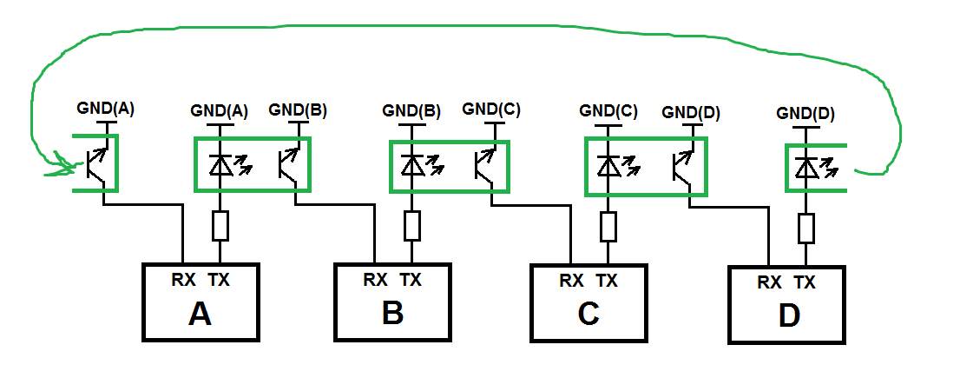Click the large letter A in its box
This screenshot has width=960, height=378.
click(x=200, y=314)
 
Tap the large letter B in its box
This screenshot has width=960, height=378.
click(x=392, y=313)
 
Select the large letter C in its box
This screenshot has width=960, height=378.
click(x=588, y=315)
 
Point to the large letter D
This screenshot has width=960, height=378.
click(x=788, y=317)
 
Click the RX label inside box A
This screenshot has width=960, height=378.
click(x=184, y=279)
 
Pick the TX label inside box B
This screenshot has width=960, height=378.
click(x=411, y=280)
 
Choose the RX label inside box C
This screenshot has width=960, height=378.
click(x=571, y=281)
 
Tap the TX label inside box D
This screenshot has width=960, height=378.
click(x=805, y=282)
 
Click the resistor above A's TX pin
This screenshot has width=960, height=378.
click(x=220, y=227)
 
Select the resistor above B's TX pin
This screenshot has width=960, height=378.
click(x=412, y=227)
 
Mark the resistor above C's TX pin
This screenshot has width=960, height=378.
click(x=608, y=227)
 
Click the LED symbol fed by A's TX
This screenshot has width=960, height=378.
click(x=222, y=162)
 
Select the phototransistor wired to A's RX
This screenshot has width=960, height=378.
click(x=99, y=163)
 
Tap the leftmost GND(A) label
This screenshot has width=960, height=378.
click(x=106, y=109)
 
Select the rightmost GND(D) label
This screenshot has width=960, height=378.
click(x=805, y=113)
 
